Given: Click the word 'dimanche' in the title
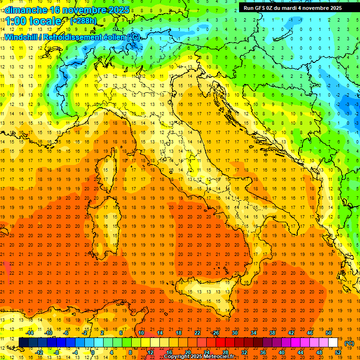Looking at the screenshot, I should pyautogui.click(x=25, y=10).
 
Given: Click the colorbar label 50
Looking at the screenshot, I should pyautogui.click(x=329, y=332).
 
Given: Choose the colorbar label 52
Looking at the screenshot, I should pyautogui.click(x=338, y=352).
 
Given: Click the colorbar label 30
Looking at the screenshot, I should pyautogui.click(x=235, y=332).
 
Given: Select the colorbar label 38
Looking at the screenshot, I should pyautogui.click(x=272, y=332).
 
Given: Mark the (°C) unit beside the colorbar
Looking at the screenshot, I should pyautogui.click(x=349, y=343).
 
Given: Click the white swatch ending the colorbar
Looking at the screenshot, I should pyautogui.click(x=333, y=342).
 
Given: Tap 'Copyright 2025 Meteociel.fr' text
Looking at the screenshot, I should pyautogui.click(x=199, y=357).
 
